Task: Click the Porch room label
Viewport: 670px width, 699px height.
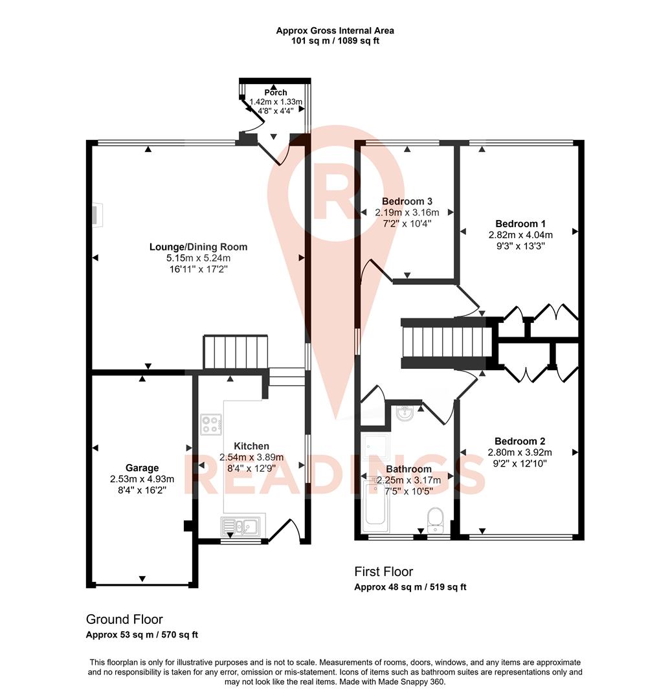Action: (276, 93)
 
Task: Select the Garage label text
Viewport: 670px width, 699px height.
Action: (142, 468)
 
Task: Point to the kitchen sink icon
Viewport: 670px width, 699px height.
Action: (240, 526)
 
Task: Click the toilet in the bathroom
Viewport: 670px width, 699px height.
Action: (435, 519)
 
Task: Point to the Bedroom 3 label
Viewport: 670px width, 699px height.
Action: (407, 201)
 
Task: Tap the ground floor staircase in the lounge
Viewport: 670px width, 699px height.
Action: (236, 352)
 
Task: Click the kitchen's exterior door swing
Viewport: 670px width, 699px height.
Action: (285, 529)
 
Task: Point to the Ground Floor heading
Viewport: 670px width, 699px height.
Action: (124, 619)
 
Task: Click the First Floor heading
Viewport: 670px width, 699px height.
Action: (383, 571)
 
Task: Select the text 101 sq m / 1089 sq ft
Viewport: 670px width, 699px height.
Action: (335, 41)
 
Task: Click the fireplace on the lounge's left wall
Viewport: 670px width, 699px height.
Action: (96, 216)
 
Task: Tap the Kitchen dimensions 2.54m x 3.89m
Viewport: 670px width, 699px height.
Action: (251, 458)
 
